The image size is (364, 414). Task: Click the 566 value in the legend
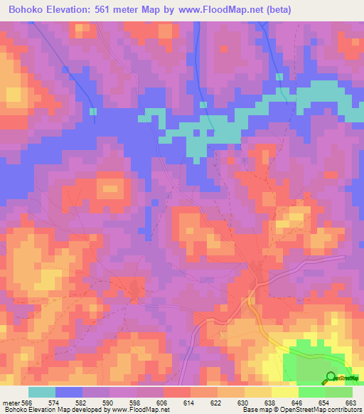[28, 402]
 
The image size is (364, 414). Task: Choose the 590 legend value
[109, 402]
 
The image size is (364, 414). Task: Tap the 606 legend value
[164, 402]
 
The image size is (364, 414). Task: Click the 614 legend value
[191, 402]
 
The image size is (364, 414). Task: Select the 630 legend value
[245, 402]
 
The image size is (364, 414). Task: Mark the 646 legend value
[299, 402]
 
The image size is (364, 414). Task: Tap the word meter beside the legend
[10, 402]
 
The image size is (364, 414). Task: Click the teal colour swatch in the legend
[42, 392]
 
